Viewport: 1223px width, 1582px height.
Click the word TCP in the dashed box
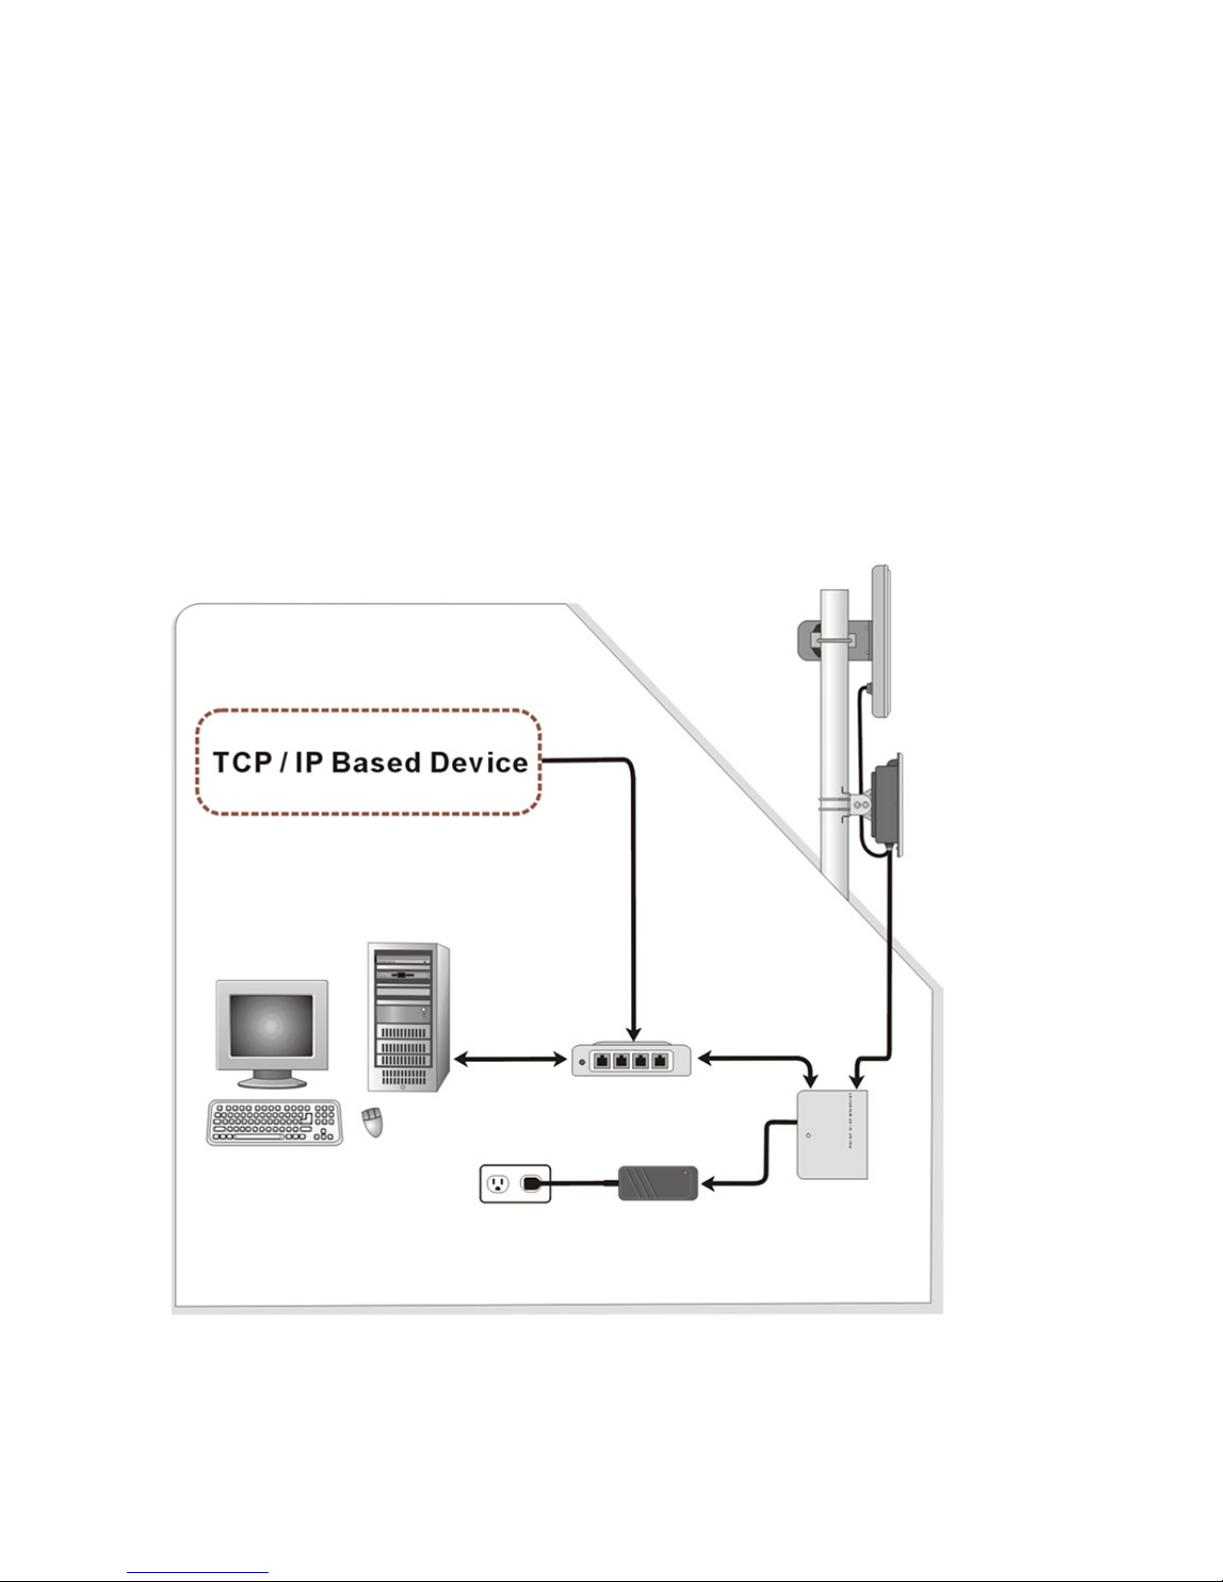click(x=243, y=763)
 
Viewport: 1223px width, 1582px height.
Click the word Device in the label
click(x=479, y=763)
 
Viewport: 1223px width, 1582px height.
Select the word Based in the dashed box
click(x=376, y=763)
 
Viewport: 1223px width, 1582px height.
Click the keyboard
click(x=275, y=1122)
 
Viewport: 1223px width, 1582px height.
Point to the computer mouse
click(x=373, y=1123)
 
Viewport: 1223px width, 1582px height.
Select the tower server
click(x=408, y=1017)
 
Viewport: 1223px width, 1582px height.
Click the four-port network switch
click(x=631, y=1059)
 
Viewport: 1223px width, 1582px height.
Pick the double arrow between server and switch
click(x=510, y=1059)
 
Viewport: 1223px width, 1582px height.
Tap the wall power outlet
click(x=515, y=1183)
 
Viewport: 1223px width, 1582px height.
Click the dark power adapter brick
click(x=657, y=1183)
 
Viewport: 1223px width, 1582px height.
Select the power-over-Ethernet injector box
click(x=832, y=1134)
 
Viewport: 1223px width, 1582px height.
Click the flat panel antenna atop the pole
click(x=881, y=642)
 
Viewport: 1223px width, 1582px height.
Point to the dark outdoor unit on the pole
click(x=887, y=804)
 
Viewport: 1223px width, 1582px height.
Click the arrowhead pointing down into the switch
click(x=633, y=1034)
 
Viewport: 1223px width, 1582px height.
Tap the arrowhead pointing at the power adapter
click(x=708, y=1185)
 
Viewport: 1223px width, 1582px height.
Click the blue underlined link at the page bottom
click(x=198, y=1571)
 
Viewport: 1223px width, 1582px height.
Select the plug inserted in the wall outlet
click(x=533, y=1183)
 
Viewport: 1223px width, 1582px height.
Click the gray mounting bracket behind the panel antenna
click(x=835, y=641)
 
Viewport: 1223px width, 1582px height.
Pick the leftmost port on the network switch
click(x=602, y=1060)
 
